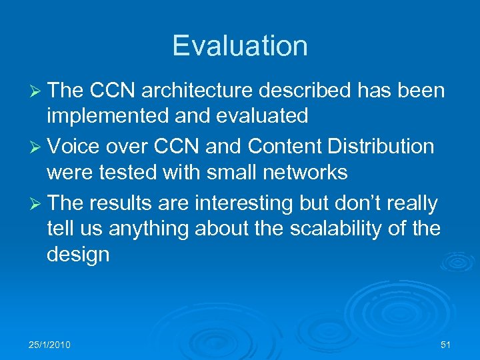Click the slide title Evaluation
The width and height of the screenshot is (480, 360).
[x=240, y=46]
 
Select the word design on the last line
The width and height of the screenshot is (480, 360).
[x=78, y=255]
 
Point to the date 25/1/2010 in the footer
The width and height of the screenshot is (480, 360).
[x=50, y=344]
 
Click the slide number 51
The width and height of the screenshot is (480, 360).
[x=445, y=344]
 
